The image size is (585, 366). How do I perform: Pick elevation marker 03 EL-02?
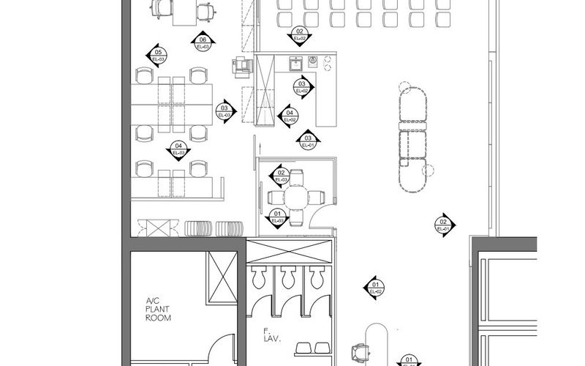[x=302, y=88]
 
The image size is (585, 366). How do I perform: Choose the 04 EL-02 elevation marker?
[x=289, y=116]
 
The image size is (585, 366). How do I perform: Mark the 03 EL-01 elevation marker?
[x=308, y=141]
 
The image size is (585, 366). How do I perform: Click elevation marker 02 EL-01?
[x=442, y=225]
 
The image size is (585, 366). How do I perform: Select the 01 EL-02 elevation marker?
[x=374, y=287]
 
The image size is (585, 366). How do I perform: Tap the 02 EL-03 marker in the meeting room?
[x=279, y=176]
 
